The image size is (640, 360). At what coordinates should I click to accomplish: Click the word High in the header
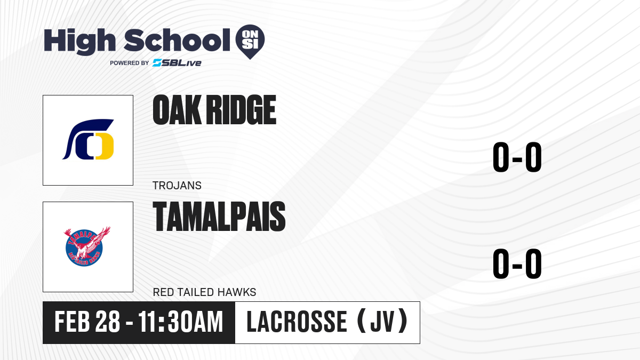pos(79,41)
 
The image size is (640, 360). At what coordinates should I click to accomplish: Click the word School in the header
pos(177,40)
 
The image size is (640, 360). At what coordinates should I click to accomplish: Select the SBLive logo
pos(177,63)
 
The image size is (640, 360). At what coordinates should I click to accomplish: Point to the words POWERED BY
pos(130,63)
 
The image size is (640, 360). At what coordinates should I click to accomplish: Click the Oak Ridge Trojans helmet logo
pos(88,139)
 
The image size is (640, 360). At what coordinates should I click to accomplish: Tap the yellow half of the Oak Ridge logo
pos(105,146)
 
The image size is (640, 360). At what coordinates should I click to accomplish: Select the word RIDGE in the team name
pos(241,110)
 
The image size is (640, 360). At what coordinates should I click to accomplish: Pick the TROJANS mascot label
pos(177,186)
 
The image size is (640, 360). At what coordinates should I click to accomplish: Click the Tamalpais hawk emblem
pos(87,246)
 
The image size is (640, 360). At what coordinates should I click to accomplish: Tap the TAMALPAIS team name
pos(219,217)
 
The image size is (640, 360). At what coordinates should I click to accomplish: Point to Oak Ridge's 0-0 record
pos(517,157)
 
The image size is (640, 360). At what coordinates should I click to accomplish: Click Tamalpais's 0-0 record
pos(517,263)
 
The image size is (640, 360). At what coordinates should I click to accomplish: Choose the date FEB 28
pos(87,322)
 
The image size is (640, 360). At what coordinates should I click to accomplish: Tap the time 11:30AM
pos(181,322)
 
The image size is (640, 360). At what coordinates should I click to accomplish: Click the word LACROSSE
pos(297,322)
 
